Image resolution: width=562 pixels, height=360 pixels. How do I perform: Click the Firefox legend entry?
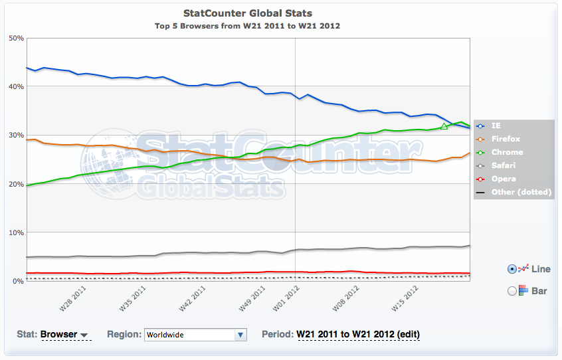(506, 139)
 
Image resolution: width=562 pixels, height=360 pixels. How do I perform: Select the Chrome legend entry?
(507, 152)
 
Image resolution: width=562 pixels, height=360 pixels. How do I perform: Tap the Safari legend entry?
(504, 165)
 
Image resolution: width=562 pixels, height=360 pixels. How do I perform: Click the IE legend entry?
(497, 126)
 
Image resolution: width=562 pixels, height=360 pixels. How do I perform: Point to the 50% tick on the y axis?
(15, 38)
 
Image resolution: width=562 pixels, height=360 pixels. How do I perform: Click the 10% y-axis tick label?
(15, 232)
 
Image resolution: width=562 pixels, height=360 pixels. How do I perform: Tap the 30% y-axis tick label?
(15, 135)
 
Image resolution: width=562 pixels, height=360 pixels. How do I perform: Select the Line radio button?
(512, 269)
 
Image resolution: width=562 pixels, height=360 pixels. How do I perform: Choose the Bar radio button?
(512, 291)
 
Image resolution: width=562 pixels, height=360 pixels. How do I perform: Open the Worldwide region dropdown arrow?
(240, 335)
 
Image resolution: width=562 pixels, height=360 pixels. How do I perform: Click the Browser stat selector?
(65, 334)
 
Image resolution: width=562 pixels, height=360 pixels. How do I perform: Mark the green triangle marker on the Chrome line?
(444, 126)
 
